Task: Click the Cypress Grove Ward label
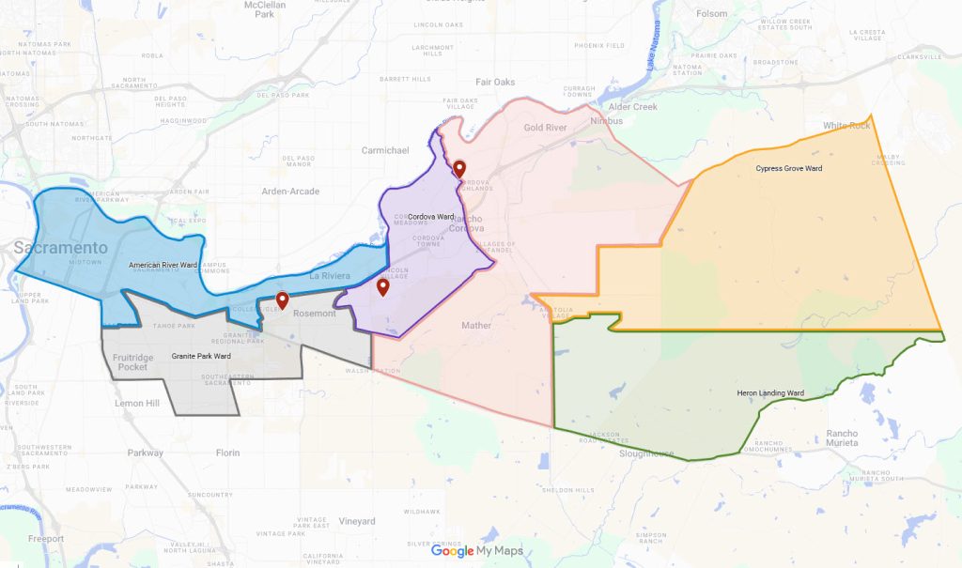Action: tap(788, 169)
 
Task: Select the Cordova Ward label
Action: tap(425, 217)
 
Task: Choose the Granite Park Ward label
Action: tap(201, 357)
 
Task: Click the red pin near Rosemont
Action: tap(282, 301)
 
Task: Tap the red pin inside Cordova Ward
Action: tap(382, 287)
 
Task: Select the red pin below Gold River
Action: tap(459, 170)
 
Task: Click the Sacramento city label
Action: tap(60, 248)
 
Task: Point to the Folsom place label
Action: tap(712, 14)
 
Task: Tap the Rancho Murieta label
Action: tap(841, 438)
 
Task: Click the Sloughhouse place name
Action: tap(647, 453)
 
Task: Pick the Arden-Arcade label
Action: tap(290, 192)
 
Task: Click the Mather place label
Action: tap(476, 326)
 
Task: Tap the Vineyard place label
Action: tap(356, 521)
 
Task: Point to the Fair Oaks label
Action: tap(495, 82)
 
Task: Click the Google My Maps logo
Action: tap(476, 551)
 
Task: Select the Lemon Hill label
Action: tap(137, 404)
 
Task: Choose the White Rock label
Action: tap(846, 126)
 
